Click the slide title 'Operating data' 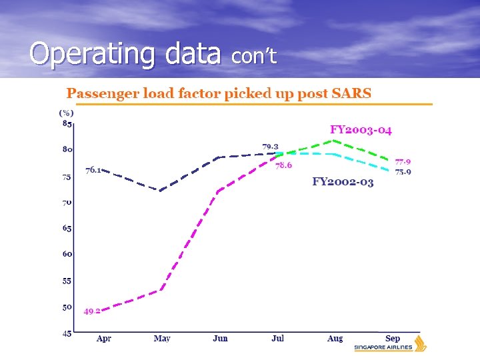click(x=125, y=53)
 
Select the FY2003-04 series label click(x=361, y=129)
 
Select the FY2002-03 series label click(x=343, y=181)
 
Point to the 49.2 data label click(x=92, y=311)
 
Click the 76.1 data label click(x=93, y=170)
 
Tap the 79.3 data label click(x=270, y=146)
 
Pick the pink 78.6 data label click(x=283, y=165)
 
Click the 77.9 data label click(x=403, y=161)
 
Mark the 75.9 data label click(x=403, y=171)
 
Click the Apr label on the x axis click(x=103, y=339)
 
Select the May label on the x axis click(x=161, y=339)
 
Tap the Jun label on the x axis click(x=220, y=339)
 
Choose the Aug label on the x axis click(x=335, y=339)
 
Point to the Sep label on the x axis click(x=393, y=339)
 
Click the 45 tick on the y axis click(x=67, y=333)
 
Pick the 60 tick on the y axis click(x=67, y=254)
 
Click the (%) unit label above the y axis click(x=67, y=113)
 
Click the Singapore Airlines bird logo click(x=420, y=344)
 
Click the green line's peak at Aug click(x=334, y=141)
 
